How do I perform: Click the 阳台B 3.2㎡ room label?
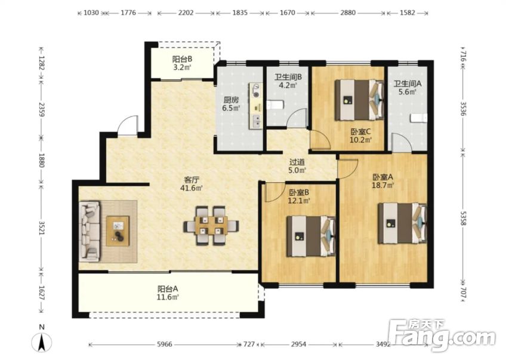(x=182, y=63)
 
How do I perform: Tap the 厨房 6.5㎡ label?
(x=231, y=104)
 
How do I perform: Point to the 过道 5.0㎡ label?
(x=297, y=166)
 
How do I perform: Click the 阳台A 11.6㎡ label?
(x=168, y=293)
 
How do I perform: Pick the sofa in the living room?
(x=90, y=231)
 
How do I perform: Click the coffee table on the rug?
(x=118, y=232)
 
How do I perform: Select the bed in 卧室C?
(x=359, y=100)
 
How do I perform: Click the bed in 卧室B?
(x=311, y=236)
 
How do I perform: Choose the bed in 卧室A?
(x=403, y=223)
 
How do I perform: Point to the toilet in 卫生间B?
(x=275, y=105)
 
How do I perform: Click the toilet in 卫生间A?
(x=418, y=118)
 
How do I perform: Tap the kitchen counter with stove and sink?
(x=255, y=106)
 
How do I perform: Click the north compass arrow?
(x=42, y=343)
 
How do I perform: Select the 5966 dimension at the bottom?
(x=165, y=344)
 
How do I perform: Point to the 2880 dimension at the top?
(x=348, y=13)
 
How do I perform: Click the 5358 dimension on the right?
(x=463, y=219)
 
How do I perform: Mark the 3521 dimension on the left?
(x=42, y=228)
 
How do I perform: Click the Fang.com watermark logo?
(x=442, y=336)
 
